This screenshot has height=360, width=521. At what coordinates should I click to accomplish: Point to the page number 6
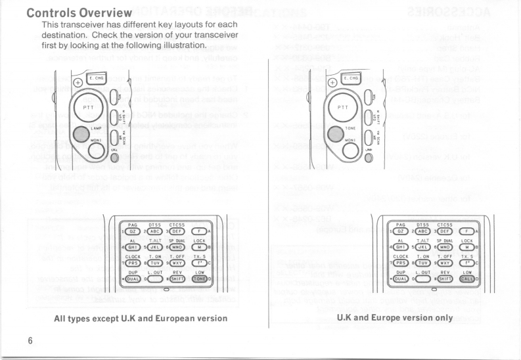pyautogui.click(x=30, y=341)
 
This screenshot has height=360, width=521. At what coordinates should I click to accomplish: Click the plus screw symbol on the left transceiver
pyautogui.click(x=78, y=83)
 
